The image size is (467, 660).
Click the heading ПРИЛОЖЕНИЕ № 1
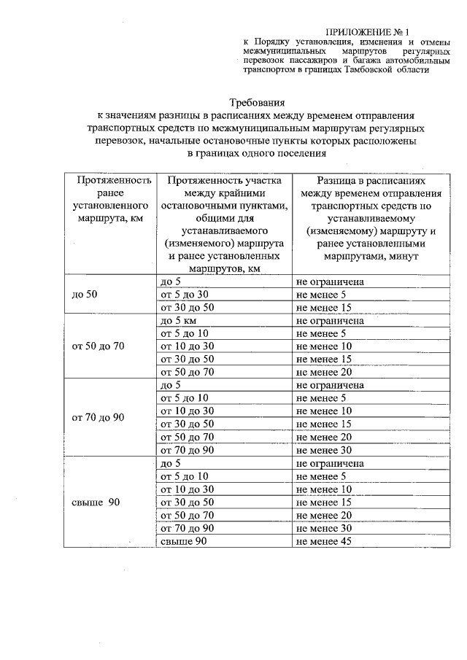pyautogui.click(x=369, y=32)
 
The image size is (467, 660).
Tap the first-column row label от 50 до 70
pyautogui.click(x=99, y=346)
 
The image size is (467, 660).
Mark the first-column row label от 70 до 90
pyautogui.click(x=99, y=418)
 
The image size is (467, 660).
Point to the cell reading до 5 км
pyautogui.click(x=180, y=321)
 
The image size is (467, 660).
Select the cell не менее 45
pyautogui.click(x=323, y=541)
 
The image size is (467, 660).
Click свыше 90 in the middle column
pyautogui.click(x=180, y=541)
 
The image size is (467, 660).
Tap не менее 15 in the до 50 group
pyautogui.click(x=323, y=308)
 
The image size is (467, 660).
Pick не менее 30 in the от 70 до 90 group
pyautogui.click(x=323, y=450)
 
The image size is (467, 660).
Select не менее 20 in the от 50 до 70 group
pyautogui.click(x=323, y=372)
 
